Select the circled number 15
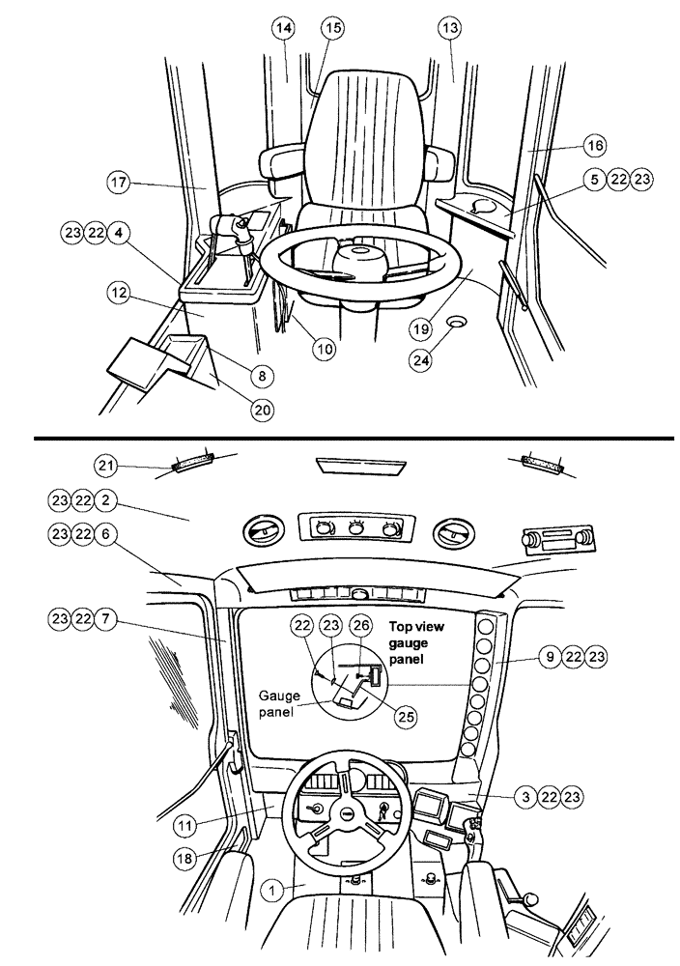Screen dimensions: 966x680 331,30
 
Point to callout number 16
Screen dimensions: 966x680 593,145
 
